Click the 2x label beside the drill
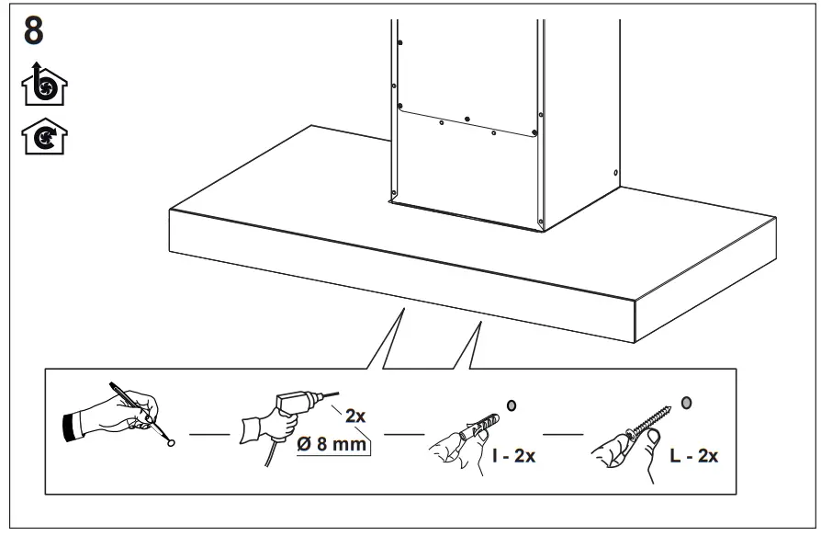(355, 416)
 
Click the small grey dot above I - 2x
(512, 405)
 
